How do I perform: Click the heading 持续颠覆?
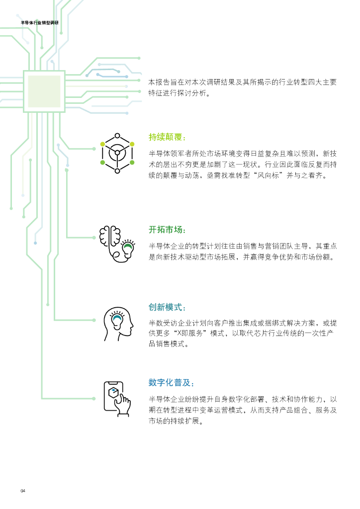[x=168, y=137]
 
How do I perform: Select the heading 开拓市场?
[x=168, y=230]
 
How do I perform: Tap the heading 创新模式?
[x=168, y=307]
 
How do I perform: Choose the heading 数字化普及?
[x=171, y=383]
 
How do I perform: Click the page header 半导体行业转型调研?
[x=39, y=23]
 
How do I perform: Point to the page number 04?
[x=23, y=491]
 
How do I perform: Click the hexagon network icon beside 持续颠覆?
[x=117, y=153]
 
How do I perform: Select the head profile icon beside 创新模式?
[x=118, y=324]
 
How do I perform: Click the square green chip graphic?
[x=44, y=91]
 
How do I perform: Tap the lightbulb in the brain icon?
[x=128, y=248]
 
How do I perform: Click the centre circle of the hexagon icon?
[x=117, y=153]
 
